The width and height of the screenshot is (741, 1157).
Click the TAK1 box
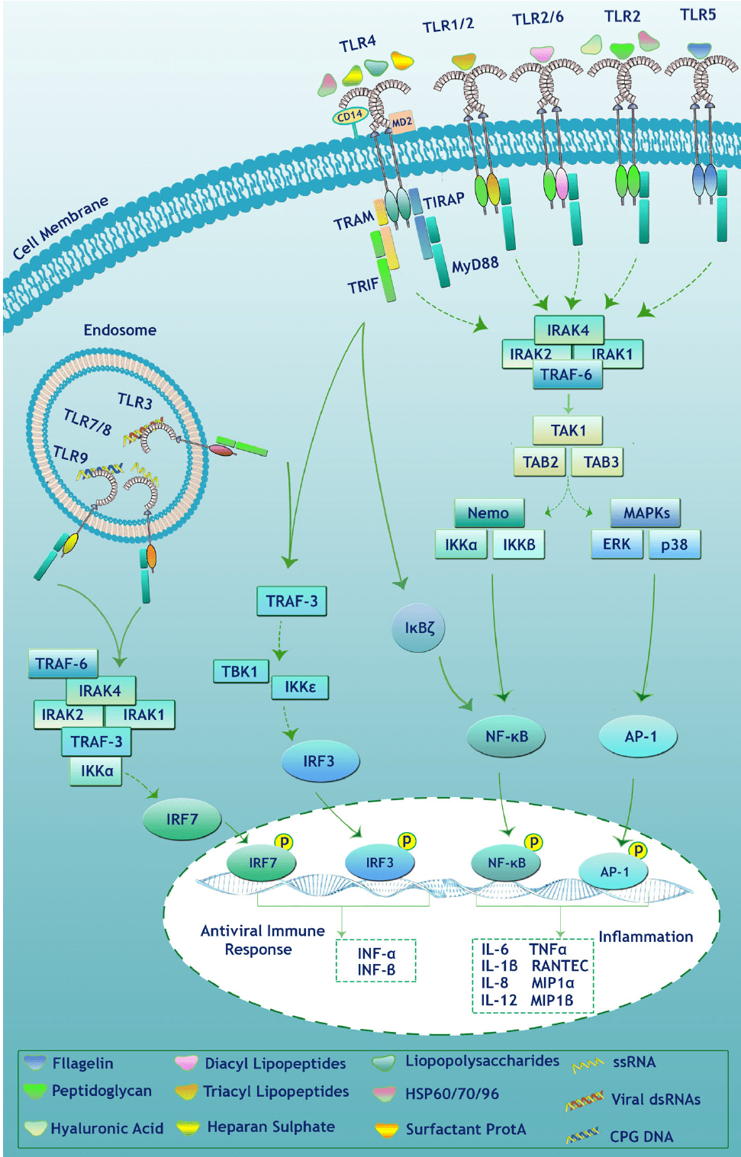pyautogui.click(x=568, y=431)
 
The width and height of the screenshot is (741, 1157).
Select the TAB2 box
pyautogui.click(x=540, y=462)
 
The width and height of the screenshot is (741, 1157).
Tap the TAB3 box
pyautogui.click(x=601, y=462)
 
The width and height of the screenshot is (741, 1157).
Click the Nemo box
pyautogui.click(x=488, y=513)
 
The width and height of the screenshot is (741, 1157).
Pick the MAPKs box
pyautogui.click(x=646, y=513)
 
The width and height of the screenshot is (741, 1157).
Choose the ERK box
pyautogui.click(x=617, y=545)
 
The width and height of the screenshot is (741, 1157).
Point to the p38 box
pyautogui.click(x=675, y=545)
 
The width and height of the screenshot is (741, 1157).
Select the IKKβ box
pyautogui.click(x=519, y=545)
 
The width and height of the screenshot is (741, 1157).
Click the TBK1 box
pyautogui.click(x=240, y=672)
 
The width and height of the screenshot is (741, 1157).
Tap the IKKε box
pyautogui.click(x=300, y=687)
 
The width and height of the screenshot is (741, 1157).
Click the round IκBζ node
pyautogui.click(x=419, y=628)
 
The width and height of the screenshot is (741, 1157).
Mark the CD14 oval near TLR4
pyautogui.click(x=350, y=116)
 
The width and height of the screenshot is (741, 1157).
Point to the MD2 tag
pyautogui.click(x=401, y=122)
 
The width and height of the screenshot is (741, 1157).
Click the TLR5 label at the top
pyautogui.click(x=698, y=14)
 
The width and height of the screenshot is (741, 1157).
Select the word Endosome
pyautogui.click(x=120, y=330)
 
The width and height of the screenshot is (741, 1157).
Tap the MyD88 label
pyautogui.click(x=475, y=265)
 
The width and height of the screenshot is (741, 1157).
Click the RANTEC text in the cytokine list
pyautogui.click(x=559, y=966)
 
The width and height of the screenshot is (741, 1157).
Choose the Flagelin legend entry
pyautogui.click(x=82, y=1063)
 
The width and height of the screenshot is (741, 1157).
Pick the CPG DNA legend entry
pyautogui.click(x=641, y=1136)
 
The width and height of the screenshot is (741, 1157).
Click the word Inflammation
pyautogui.click(x=646, y=937)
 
